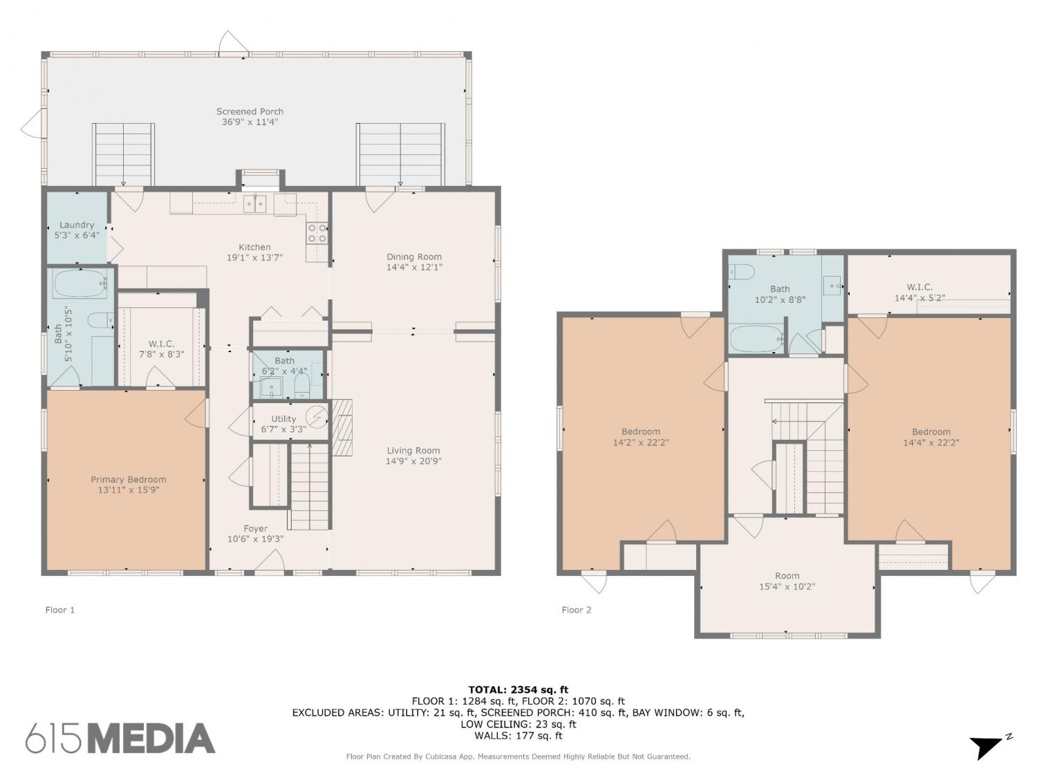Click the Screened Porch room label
click(x=250, y=111)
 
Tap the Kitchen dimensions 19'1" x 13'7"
click(x=254, y=257)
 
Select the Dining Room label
click(x=414, y=257)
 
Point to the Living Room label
click(x=413, y=450)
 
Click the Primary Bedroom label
click(x=129, y=479)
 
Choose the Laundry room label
click(x=77, y=225)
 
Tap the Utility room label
click(x=283, y=418)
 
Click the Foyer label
click(x=256, y=528)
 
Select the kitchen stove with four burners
click(x=317, y=233)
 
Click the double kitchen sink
click(x=254, y=204)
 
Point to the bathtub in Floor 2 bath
click(x=756, y=339)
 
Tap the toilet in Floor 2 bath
click(x=741, y=272)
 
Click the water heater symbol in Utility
click(x=317, y=416)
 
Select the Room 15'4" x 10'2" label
click(x=787, y=581)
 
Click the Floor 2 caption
click(x=577, y=610)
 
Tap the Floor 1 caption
click(x=60, y=610)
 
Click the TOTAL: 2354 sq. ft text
click(x=518, y=689)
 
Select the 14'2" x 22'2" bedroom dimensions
click(x=641, y=442)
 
